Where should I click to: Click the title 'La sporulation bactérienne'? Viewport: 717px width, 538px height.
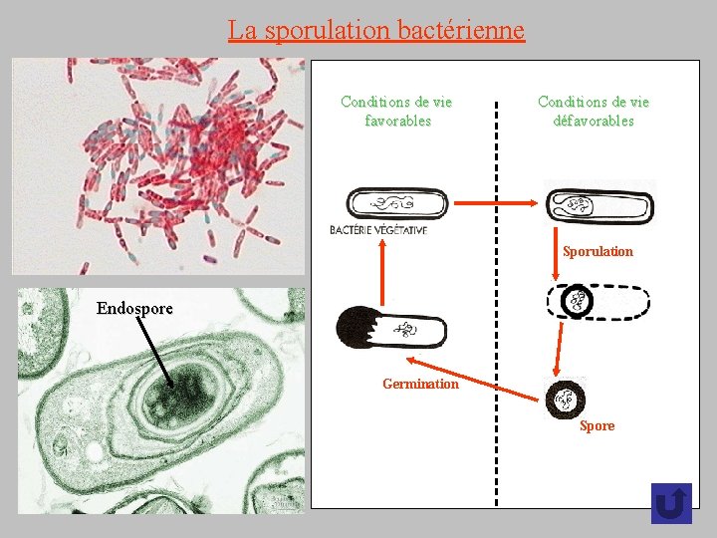point(375,30)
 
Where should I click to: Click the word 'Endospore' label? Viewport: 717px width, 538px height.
point(134,308)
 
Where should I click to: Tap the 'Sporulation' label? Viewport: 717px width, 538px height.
point(597,251)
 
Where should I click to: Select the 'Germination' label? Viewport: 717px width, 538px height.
point(420,384)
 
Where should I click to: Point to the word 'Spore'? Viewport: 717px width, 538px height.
point(597,425)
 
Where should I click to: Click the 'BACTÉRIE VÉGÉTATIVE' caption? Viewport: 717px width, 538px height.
point(378,230)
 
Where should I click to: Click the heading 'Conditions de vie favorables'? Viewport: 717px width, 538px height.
point(396,111)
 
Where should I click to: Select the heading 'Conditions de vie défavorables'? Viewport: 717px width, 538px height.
point(594,111)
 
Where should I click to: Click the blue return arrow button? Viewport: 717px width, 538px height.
point(671,503)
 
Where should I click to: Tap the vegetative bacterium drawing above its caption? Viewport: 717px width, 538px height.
point(396,204)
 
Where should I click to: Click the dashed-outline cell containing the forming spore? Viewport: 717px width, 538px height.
point(598,301)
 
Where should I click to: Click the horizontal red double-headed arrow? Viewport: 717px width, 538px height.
point(498,203)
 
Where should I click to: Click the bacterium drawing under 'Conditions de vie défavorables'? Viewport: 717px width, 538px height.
point(599,204)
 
